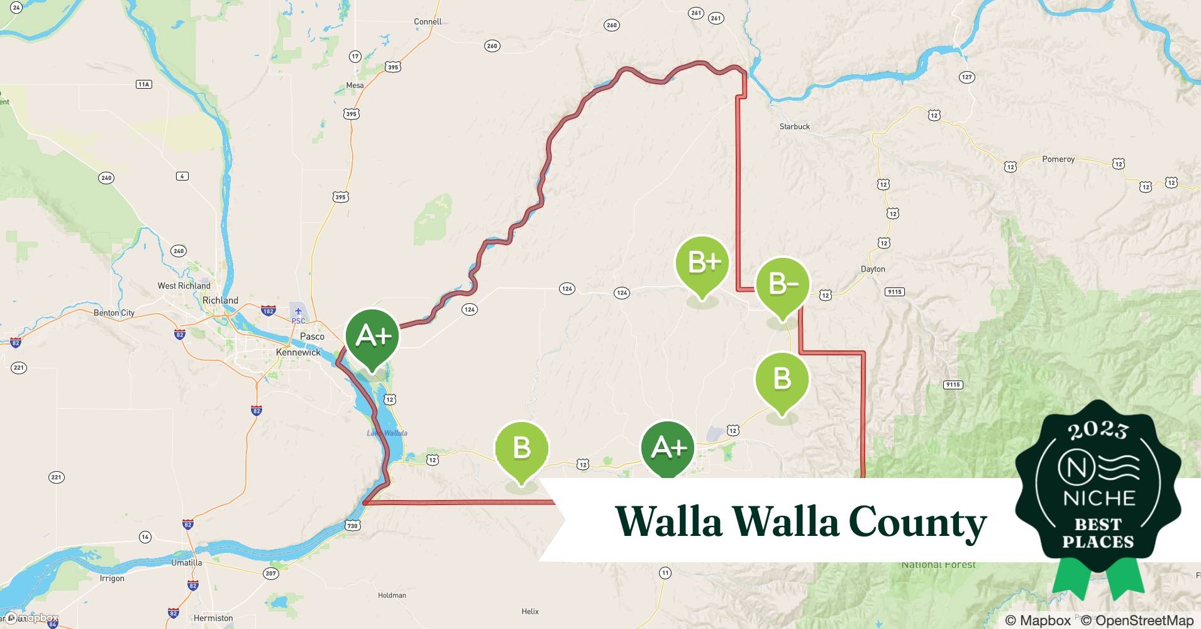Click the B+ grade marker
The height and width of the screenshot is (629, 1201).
point(702,264)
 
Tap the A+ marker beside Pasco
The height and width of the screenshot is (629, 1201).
point(372,337)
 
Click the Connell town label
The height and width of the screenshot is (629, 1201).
point(428,21)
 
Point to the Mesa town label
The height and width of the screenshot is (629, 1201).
point(355,86)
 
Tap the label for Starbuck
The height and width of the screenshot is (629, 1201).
point(794,126)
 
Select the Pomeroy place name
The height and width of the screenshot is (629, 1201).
point(1058,159)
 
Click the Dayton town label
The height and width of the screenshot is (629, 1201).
point(872,269)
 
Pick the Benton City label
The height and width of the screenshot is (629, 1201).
point(114,313)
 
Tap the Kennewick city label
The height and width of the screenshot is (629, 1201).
point(298,352)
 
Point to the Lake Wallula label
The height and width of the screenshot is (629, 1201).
point(387,433)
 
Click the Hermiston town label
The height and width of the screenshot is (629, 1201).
point(213,618)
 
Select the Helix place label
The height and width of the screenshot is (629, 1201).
point(530,611)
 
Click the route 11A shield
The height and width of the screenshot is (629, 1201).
point(144,84)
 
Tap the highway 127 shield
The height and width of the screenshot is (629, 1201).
point(966,77)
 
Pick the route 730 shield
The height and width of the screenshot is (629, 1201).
point(352,526)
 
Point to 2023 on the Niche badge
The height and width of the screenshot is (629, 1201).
point(1098,430)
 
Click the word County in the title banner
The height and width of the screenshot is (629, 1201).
point(917,522)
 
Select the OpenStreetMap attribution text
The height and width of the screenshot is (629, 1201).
point(1137,620)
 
